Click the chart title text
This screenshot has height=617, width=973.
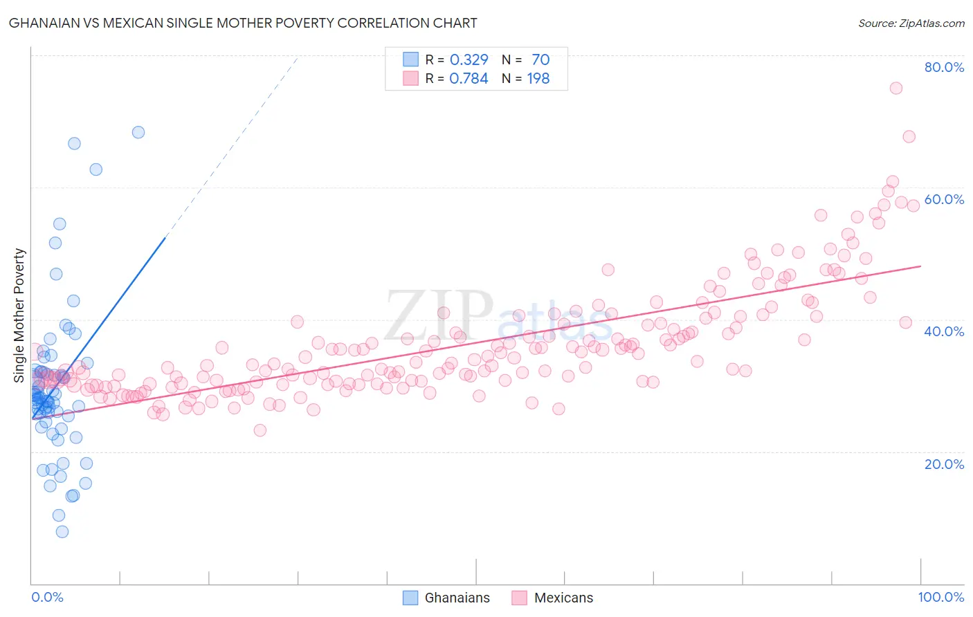(x=243, y=23)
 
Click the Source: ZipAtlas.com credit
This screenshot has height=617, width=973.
(x=911, y=23)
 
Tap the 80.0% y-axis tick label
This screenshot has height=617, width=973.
(x=944, y=67)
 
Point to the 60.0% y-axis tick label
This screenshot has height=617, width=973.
(x=944, y=199)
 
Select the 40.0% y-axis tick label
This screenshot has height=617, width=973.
(x=944, y=331)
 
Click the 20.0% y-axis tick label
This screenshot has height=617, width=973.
(x=944, y=464)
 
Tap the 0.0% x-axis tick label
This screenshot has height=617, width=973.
(x=47, y=597)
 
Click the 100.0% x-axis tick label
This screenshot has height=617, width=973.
(x=940, y=597)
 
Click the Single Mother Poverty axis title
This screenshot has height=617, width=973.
(x=19, y=315)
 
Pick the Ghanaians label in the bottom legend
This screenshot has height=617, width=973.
(x=457, y=598)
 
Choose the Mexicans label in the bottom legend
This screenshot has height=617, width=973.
(x=563, y=598)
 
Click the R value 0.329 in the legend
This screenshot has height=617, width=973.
(x=469, y=59)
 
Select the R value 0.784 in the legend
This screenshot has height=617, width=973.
(x=469, y=78)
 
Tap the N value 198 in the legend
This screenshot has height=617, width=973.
(x=538, y=78)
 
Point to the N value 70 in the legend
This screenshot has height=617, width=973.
(x=540, y=59)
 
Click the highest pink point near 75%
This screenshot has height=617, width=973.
(x=895, y=88)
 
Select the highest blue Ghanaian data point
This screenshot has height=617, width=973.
(x=138, y=132)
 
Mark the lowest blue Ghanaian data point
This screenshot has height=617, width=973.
(x=62, y=532)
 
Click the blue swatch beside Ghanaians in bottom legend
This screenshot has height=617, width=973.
(x=410, y=598)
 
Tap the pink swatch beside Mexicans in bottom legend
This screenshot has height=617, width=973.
(x=519, y=598)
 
